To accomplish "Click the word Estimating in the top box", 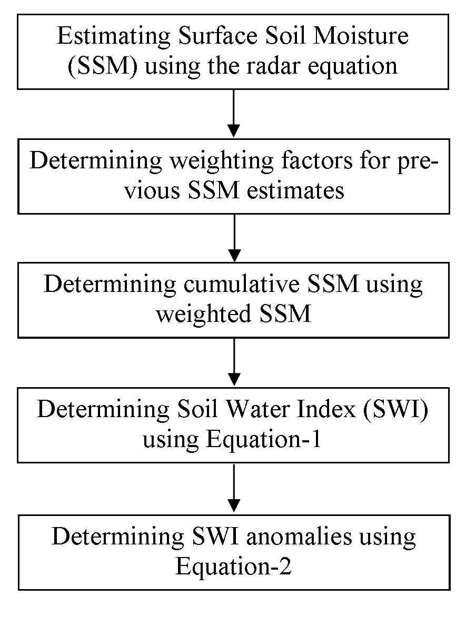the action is [x=113, y=37].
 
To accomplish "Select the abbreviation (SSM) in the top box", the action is [x=103, y=66].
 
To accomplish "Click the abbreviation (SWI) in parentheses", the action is [x=396, y=410].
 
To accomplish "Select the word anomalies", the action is [x=299, y=537].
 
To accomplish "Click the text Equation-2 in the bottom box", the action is [x=233, y=568].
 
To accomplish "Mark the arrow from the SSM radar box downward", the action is [x=234, y=113].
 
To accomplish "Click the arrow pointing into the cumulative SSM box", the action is [x=234, y=238].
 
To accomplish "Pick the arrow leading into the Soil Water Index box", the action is [x=234, y=362].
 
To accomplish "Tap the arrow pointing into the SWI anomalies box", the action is [x=234, y=488].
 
